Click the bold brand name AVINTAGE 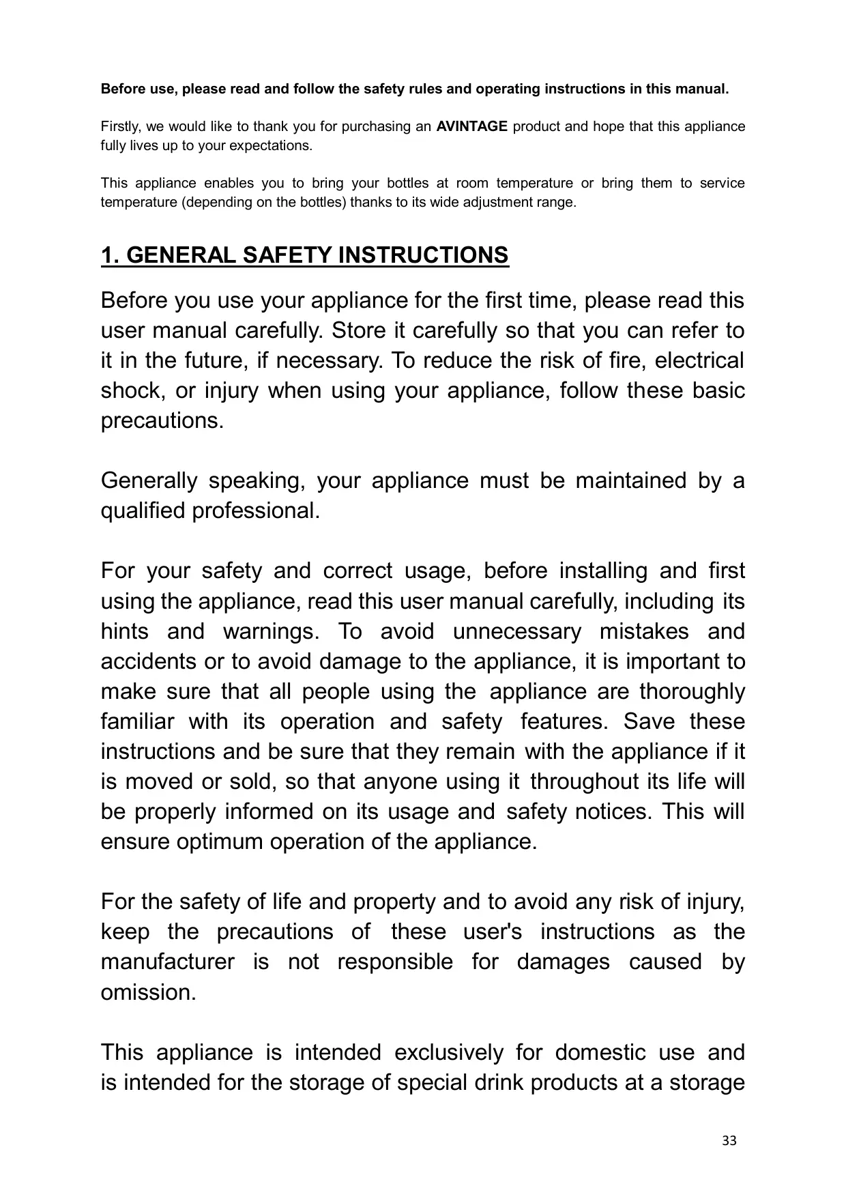[x=471, y=126]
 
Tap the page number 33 [x=729, y=1140]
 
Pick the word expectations [x=270, y=146]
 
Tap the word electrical [x=699, y=360]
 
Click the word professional [x=256, y=511]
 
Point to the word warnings [x=270, y=631]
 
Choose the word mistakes [x=644, y=631]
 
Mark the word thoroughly [x=692, y=691]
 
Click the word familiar [x=137, y=721]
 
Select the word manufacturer [x=167, y=962]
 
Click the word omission [x=148, y=992]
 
